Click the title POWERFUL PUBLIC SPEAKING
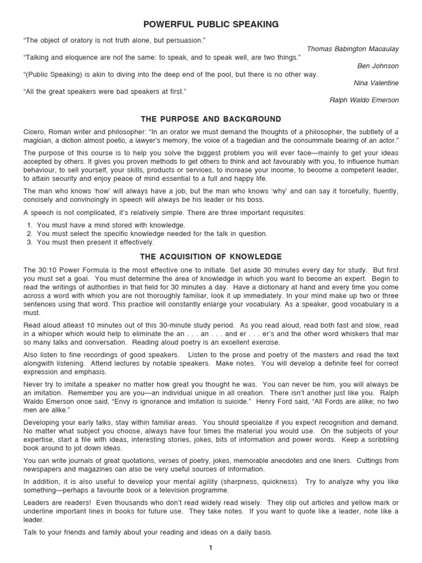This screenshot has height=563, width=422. coord(211,24)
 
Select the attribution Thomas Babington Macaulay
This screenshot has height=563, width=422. coord(353,49)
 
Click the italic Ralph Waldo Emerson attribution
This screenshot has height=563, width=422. coord(364,100)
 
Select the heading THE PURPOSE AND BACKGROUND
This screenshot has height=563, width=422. coord(211,119)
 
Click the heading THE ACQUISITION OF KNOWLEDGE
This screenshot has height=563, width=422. coord(211,256)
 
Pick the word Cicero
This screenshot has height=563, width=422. coord(34,131)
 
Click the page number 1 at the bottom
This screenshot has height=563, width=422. coord(211,548)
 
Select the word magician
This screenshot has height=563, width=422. coord(40,140)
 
